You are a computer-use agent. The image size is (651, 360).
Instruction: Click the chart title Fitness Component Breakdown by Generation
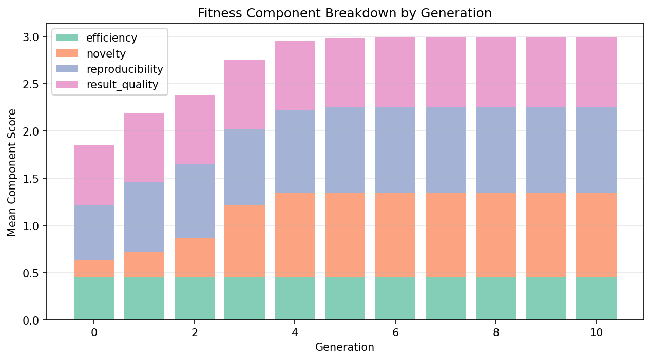pyautogui.click(x=344, y=13)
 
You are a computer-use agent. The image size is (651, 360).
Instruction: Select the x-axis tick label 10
pyautogui.click(x=596, y=333)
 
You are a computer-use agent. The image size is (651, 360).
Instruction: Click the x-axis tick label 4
pyautogui.click(x=295, y=333)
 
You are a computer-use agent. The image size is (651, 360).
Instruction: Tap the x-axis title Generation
pyautogui.click(x=344, y=347)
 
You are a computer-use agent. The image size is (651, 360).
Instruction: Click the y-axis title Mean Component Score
pyautogui.click(x=12, y=172)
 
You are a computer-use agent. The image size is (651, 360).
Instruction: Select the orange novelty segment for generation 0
pyautogui.click(x=94, y=269)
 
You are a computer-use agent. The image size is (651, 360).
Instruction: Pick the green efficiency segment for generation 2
pyautogui.click(x=195, y=298)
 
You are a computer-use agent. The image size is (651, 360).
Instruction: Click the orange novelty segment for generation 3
pyautogui.click(x=245, y=241)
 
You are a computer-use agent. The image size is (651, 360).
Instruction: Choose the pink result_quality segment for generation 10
pyautogui.click(x=596, y=72)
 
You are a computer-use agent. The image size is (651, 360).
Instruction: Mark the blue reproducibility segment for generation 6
pyautogui.click(x=395, y=150)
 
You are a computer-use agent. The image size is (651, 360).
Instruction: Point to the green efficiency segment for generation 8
pyautogui.click(x=496, y=298)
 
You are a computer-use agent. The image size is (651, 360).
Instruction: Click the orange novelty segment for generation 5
pyautogui.click(x=345, y=235)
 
